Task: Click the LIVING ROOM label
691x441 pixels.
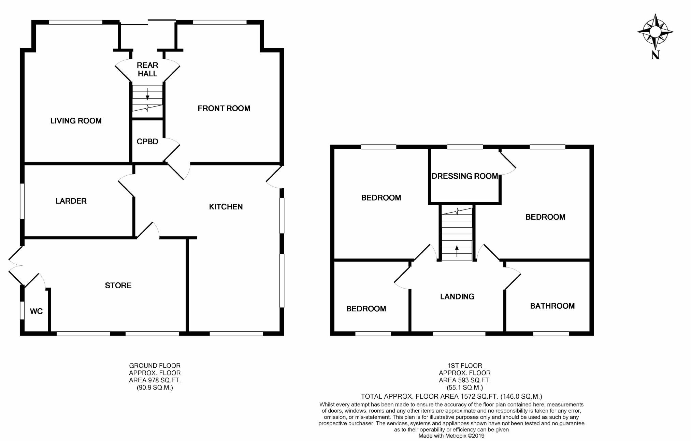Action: (76, 121)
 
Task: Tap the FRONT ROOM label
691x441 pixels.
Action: (224, 108)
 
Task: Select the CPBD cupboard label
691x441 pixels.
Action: (147, 142)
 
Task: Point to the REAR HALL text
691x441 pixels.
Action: (147, 69)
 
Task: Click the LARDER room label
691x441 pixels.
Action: (71, 201)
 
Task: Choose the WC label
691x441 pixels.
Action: (36, 311)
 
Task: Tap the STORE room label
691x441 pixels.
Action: (118, 285)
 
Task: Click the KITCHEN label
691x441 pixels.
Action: (226, 207)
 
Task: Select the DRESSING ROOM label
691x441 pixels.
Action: (464, 176)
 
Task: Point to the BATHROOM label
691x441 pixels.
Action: (552, 306)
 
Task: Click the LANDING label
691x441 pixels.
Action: (457, 297)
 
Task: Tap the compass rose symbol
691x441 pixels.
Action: (655, 32)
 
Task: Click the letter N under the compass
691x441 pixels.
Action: (655, 55)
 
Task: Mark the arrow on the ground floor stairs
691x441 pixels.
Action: (147, 93)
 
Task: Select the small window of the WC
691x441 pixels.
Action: (22, 310)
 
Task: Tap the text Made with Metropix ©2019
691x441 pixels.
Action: (451, 436)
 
